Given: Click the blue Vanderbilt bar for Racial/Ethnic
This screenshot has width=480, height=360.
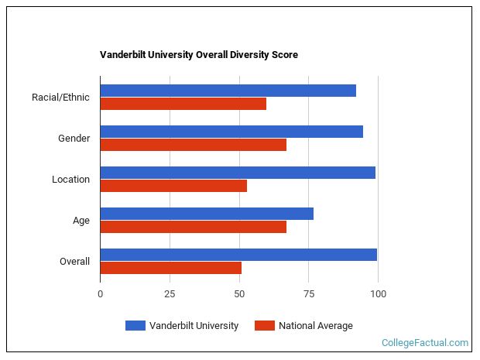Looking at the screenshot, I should [228, 91].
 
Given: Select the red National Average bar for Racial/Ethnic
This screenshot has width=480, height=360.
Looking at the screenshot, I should [183, 104].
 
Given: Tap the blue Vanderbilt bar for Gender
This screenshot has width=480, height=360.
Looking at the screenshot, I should [231, 132].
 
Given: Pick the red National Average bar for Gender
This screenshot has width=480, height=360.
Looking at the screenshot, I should [193, 145].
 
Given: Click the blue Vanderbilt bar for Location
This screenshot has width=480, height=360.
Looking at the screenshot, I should [238, 173].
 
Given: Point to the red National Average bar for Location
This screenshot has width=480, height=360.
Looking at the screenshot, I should [173, 186].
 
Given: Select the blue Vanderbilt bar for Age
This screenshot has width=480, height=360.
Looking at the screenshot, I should [207, 214].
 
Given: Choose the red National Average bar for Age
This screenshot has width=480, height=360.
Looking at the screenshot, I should [193, 227].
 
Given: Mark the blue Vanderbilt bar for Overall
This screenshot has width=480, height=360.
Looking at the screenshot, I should [238, 255].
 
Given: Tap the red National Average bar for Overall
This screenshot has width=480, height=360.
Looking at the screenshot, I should [170, 268].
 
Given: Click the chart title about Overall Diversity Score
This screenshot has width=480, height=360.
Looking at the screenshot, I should [199, 55].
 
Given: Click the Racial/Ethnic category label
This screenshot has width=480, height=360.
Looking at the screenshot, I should [60, 98].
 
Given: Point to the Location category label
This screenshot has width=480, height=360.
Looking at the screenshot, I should [70, 180].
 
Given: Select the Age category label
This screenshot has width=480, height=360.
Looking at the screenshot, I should [81, 221].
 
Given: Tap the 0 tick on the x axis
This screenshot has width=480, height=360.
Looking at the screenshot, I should [100, 294].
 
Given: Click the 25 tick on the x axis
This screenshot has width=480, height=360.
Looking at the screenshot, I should [170, 294].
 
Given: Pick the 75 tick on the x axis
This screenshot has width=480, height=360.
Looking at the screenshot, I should [308, 294].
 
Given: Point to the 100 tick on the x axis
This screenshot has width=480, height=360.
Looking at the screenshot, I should [378, 294].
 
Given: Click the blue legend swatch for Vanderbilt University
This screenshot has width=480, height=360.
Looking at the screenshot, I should [135, 326].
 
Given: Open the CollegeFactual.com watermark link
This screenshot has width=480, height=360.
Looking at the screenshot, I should [425, 342].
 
